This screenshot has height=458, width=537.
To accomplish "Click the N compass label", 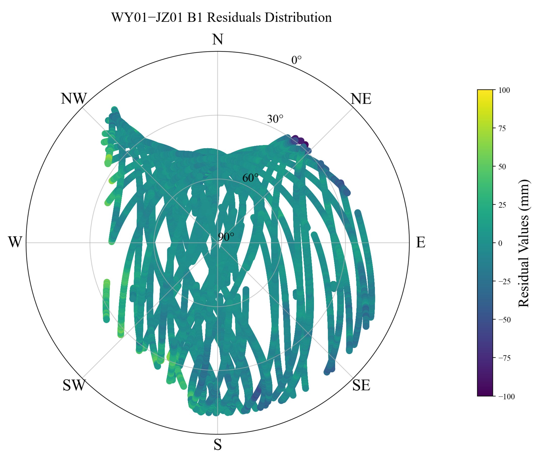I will [217, 40].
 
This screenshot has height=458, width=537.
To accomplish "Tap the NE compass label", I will [361, 99].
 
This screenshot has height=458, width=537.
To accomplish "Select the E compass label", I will [420, 242].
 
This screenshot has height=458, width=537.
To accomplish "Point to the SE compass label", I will [361, 385].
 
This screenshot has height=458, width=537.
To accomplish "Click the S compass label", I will [217, 445].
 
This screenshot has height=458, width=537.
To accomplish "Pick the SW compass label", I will [74, 385].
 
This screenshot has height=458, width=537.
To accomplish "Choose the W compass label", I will [15, 242].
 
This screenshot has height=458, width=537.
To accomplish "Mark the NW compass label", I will [74, 99].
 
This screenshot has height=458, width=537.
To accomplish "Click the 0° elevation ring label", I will [297, 60].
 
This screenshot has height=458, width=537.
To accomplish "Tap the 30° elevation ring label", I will [275, 119].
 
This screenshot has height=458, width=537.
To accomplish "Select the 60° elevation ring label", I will [250, 178].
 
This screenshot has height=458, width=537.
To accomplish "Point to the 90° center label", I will [226, 237].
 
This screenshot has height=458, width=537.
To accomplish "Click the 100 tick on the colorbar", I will [504, 90].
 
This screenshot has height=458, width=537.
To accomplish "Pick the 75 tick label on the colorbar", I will [502, 128].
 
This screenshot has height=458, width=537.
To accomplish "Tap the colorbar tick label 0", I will [500, 243].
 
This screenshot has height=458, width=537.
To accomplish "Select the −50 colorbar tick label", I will [504, 320].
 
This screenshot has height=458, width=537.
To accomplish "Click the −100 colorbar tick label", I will [507, 396].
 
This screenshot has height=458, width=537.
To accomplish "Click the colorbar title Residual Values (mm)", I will [524, 243].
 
